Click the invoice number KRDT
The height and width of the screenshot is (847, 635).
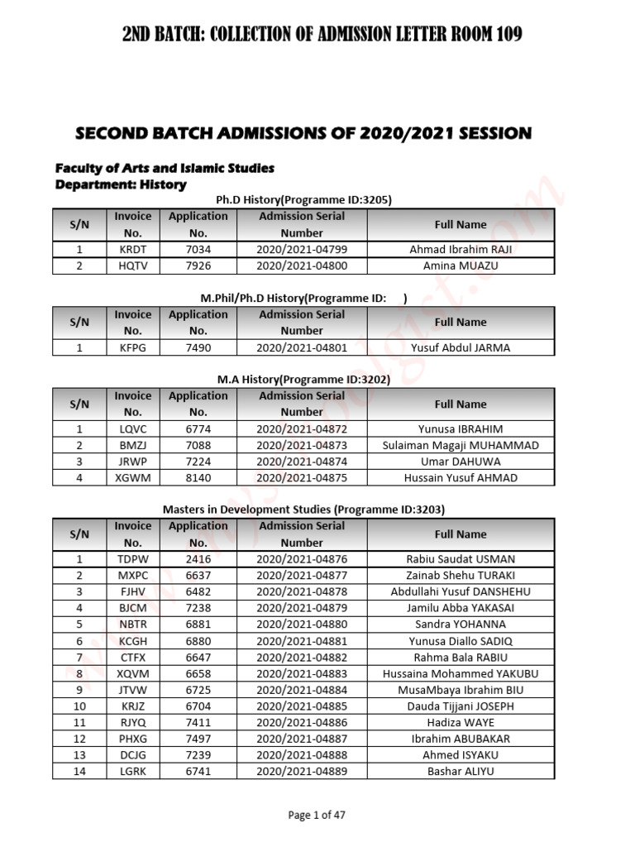point(132,249)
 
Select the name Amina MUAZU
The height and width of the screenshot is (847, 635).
point(461,266)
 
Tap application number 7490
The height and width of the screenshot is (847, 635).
point(198,347)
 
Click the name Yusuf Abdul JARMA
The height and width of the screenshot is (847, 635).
point(461,347)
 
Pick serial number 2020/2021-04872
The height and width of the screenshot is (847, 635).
point(302,428)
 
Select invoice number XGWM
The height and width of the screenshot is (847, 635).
point(132,477)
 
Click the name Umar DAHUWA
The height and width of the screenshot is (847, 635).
point(461,462)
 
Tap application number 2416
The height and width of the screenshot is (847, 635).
point(198,559)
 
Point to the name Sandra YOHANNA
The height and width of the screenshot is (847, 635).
point(461,624)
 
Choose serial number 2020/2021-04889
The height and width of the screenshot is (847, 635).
point(302,771)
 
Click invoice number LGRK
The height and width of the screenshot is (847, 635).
point(132,771)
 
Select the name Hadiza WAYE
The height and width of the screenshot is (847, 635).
point(461,722)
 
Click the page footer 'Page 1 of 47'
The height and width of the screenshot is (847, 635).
point(317,815)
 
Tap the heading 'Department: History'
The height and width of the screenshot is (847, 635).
point(121,184)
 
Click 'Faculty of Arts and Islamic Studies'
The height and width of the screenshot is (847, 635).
point(165,168)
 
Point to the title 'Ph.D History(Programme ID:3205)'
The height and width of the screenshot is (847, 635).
point(303,199)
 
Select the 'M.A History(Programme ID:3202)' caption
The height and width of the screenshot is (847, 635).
point(303,380)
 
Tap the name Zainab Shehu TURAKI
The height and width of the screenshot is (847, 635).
point(461,576)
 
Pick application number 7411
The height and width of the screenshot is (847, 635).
point(198,722)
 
